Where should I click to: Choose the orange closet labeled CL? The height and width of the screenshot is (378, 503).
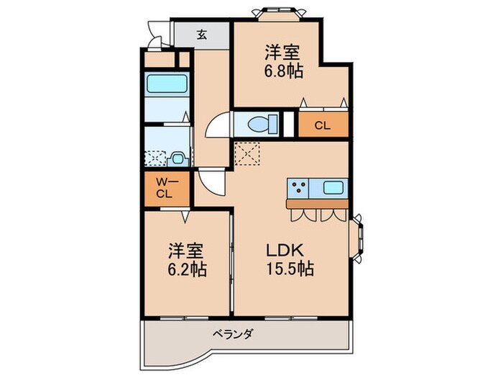pos(323,125)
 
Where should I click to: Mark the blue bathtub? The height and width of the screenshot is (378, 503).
pos(167,85)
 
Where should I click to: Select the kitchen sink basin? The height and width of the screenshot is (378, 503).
pos(335,189)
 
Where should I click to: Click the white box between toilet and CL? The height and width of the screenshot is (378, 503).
pos(289,125)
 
